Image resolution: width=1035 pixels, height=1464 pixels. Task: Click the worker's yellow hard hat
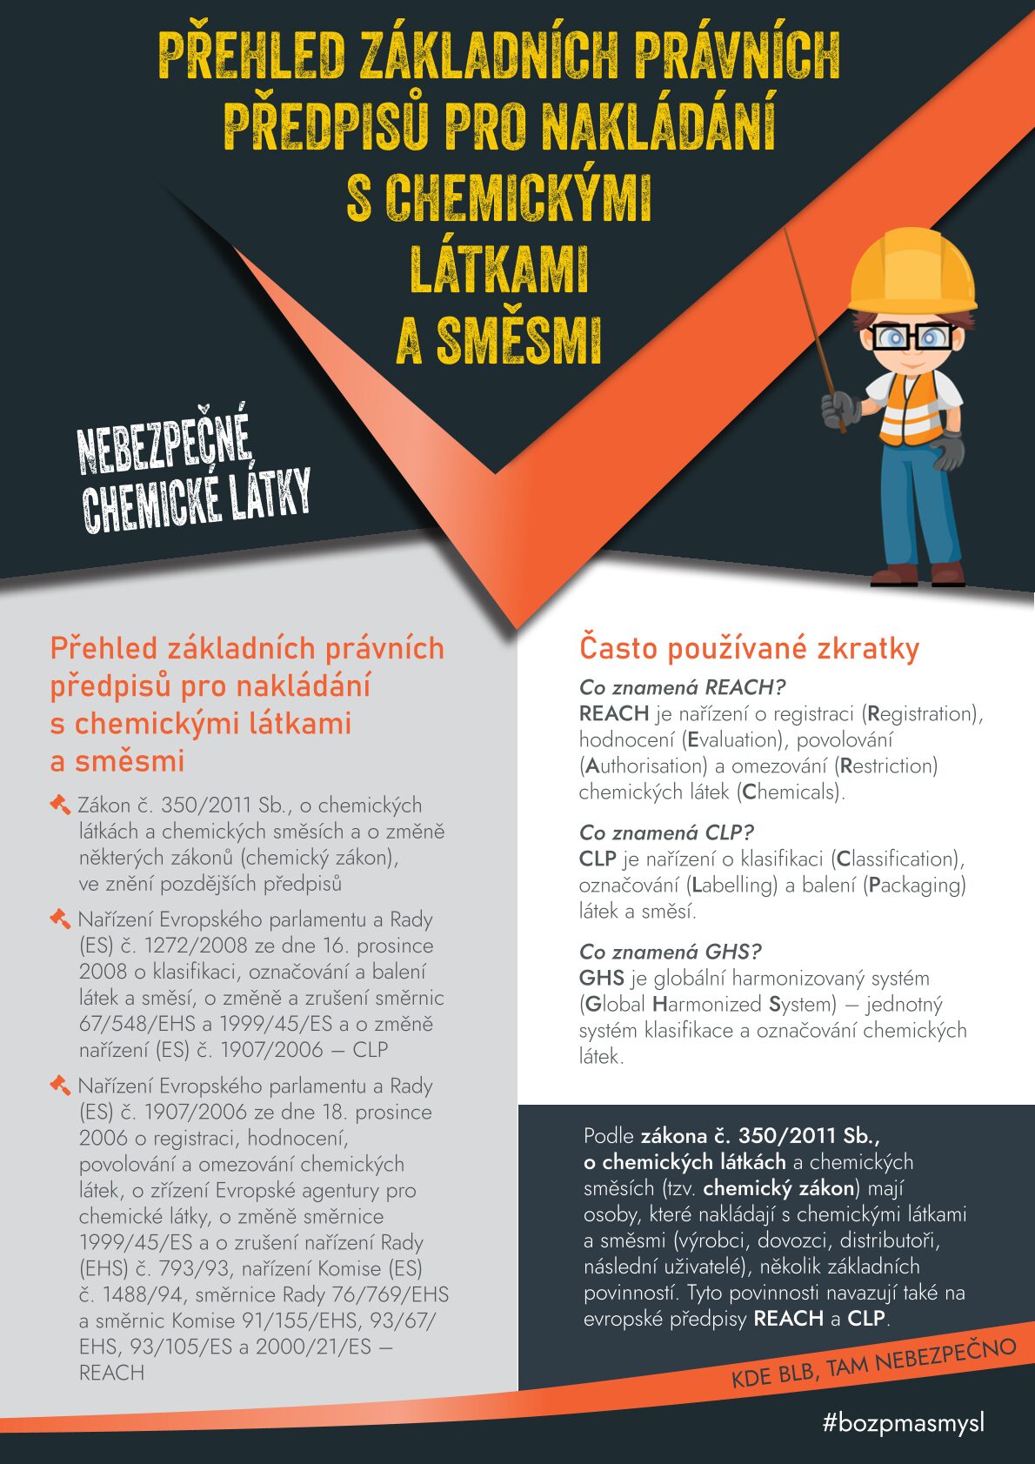click(x=911, y=270)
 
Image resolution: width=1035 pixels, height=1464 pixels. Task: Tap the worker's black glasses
click(x=911, y=336)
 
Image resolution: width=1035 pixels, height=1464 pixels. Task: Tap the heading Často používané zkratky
click(x=749, y=648)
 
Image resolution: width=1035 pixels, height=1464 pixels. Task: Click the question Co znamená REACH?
click(x=682, y=687)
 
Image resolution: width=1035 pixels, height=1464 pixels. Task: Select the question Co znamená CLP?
click(x=666, y=832)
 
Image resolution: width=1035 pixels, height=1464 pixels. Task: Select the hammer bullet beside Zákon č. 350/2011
click(x=60, y=805)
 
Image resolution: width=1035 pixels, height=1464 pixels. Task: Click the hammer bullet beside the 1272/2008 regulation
click(x=60, y=919)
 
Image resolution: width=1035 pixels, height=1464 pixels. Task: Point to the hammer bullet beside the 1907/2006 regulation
click(x=60, y=1085)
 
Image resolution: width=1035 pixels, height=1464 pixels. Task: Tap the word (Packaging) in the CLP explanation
click(x=914, y=885)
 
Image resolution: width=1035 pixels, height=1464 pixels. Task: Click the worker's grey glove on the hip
click(x=949, y=449)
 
